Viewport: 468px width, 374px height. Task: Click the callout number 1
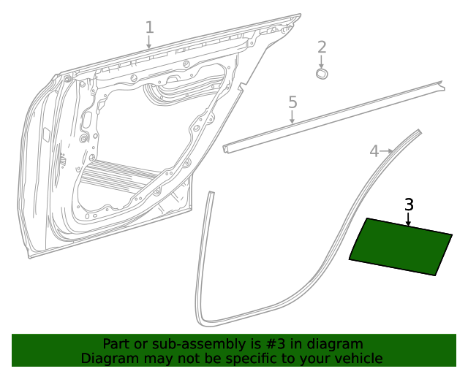point(149,28)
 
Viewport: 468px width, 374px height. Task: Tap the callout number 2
point(322,48)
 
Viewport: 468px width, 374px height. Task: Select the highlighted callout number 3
point(409,205)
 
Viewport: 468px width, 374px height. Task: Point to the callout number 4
point(374,151)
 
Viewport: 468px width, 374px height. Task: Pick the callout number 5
point(292,102)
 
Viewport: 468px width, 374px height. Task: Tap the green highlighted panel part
point(401,247)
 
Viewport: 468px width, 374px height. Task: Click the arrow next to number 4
point(388,150)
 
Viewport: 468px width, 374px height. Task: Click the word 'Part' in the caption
point(116,344)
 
